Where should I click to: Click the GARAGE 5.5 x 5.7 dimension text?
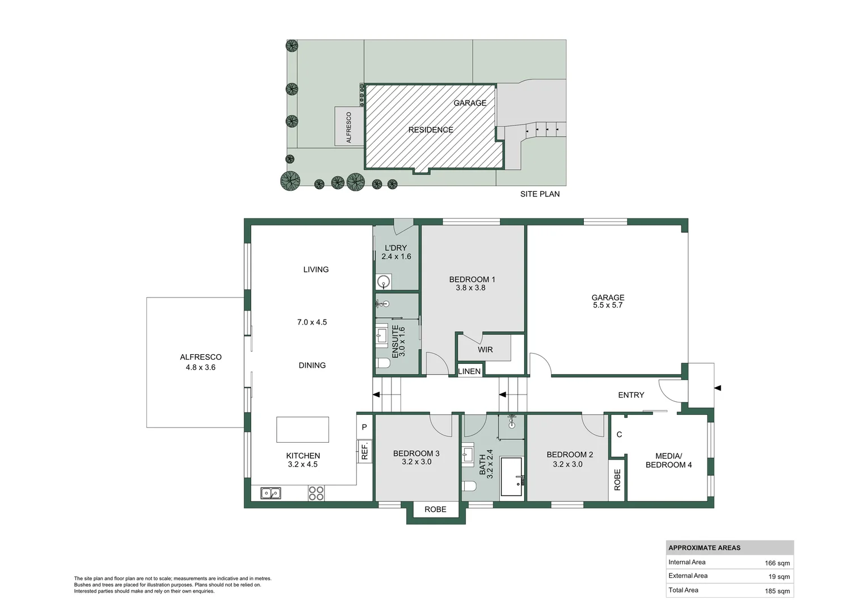[608, 305]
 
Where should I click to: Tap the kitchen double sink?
[270, 493]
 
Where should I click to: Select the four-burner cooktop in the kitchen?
[316, 493]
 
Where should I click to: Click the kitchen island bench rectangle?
[302, 430]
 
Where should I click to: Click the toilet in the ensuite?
[382, 364]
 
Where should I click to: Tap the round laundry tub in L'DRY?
[384, 281]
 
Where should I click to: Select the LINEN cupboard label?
[469, 371]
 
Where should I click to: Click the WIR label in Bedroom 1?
[485, 350]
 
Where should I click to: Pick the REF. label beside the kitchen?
[365, 451]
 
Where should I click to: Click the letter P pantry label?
[364, 427]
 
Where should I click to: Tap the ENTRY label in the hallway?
[631, 395]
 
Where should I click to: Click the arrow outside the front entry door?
[717, 388]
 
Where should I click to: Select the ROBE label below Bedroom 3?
[435, 509]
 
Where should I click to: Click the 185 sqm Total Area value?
[777, 591]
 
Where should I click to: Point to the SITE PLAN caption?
[540, 194]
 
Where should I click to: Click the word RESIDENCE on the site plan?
[431, 130]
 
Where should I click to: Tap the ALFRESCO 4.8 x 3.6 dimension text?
[200, 367]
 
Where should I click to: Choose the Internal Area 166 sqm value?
[777, 563]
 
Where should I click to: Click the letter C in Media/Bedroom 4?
[619, 434]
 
